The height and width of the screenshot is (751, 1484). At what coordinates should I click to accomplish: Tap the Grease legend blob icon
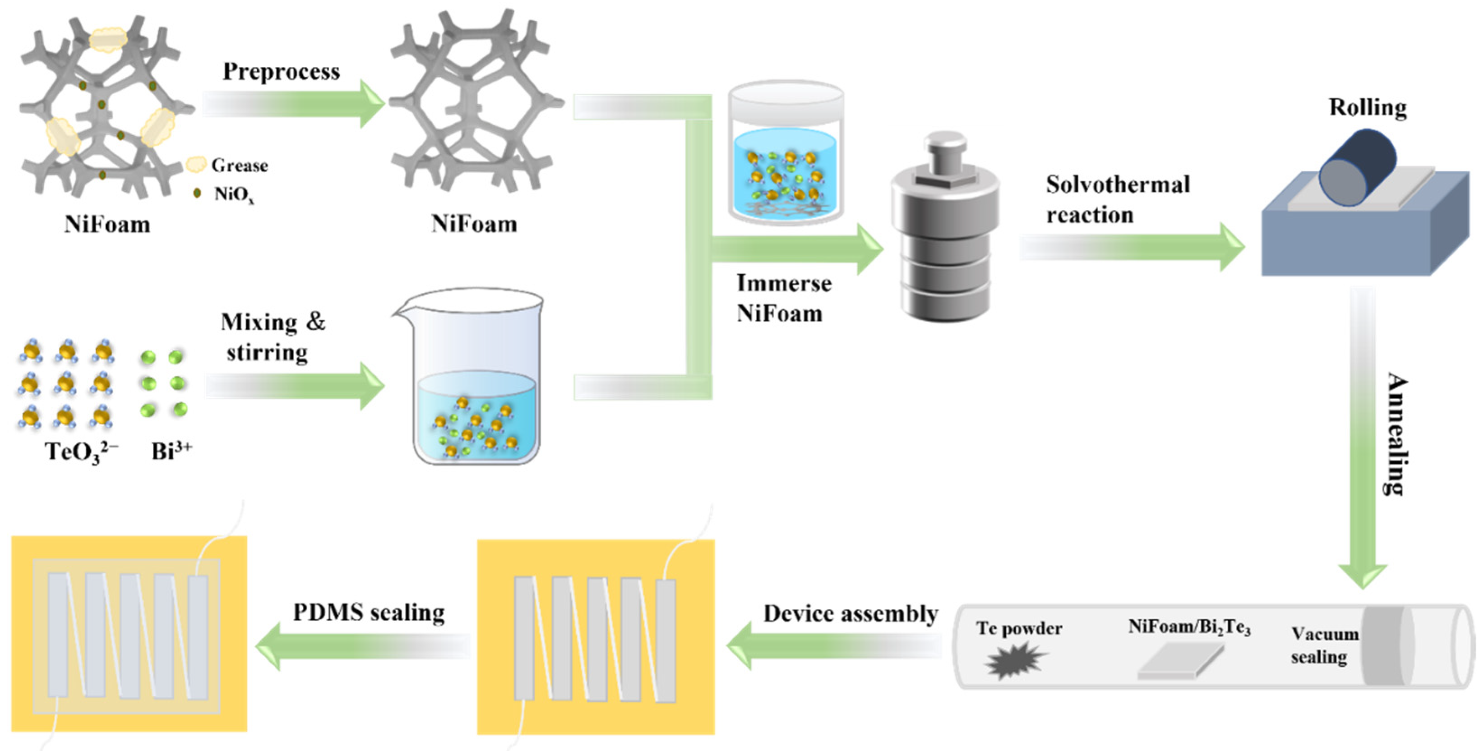[x=196, y=165]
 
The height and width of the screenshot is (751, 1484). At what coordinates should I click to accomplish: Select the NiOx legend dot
[x=197, y=194]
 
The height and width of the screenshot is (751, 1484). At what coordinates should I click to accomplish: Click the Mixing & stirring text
[x=272, y=337]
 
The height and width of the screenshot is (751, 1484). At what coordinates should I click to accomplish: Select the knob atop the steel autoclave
[x=945, y=151]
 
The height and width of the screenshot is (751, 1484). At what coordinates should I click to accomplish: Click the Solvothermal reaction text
[x=1116, y=199]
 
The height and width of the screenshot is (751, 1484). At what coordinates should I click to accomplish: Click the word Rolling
[x=1367, y=108]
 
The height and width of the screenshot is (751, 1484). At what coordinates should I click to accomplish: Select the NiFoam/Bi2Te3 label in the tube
[x=1188, y=627]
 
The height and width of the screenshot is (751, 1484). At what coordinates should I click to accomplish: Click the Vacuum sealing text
[x=1323, y=645]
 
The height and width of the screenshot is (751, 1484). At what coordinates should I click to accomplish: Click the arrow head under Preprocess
[x=372, y=104]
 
